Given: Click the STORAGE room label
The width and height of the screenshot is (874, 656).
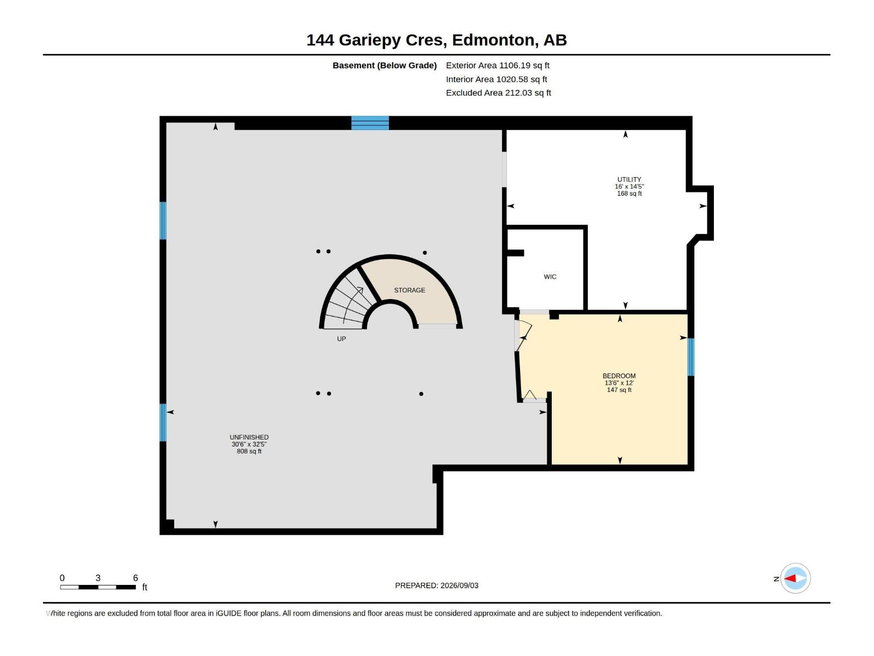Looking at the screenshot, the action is [409, 290].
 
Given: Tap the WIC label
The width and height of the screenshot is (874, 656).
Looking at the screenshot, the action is [550, 277].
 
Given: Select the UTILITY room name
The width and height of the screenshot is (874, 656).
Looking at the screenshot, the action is [629, 180].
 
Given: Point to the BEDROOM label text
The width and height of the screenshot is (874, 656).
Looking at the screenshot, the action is [619, 376].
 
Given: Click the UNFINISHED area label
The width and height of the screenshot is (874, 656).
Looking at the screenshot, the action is [249, 437].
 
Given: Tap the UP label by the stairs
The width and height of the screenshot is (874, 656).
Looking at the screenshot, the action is [341, 339].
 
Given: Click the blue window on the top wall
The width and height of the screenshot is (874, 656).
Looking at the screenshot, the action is [370, 123].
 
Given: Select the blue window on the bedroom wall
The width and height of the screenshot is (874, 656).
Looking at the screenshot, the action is [691, 358].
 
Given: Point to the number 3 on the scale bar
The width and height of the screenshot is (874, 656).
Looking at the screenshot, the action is [98, 578].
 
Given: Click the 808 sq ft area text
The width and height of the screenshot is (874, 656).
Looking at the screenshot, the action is [249, 452].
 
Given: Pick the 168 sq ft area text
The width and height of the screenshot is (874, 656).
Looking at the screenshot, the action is [629, 194].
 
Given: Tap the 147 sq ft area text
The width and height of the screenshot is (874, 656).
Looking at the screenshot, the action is [619, 390].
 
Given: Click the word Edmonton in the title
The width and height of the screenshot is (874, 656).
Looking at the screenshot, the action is [493, 40].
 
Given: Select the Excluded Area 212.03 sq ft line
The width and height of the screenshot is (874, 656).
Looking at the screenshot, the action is [498, 93].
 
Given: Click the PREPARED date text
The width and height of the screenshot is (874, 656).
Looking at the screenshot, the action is [436, 585].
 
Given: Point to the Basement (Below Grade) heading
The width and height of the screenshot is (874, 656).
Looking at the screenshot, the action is [385, 65].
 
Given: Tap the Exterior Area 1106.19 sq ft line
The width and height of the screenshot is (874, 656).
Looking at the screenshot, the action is [497, 65].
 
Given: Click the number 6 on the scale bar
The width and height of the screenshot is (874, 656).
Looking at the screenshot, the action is [135, 578].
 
